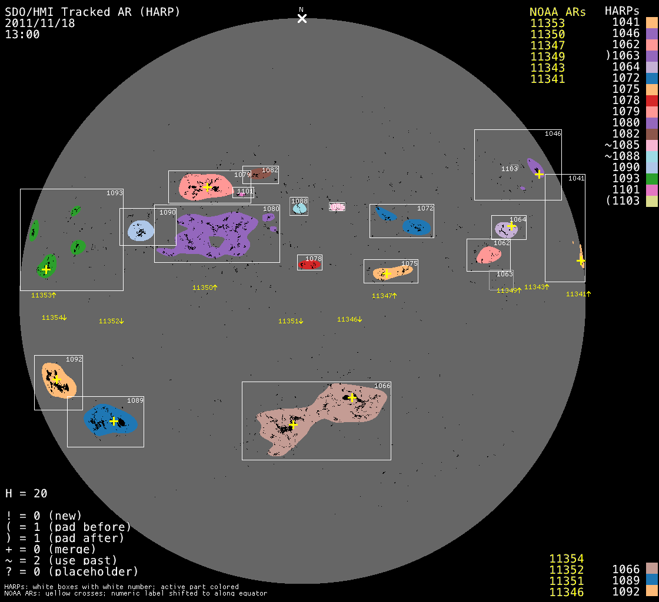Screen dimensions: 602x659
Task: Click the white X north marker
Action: tap(302, 18)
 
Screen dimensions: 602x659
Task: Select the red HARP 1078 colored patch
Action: tap(309, 265)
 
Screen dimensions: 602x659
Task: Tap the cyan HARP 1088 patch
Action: tap(299, 208)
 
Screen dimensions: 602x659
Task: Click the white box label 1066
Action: tap(382, 386)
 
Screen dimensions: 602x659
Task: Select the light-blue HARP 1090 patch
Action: tap(141, 230)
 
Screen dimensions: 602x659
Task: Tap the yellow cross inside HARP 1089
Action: tap(114, 421)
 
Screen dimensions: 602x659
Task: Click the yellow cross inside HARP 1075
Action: tap(387, 274)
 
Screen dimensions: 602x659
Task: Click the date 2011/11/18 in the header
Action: tap(40, 24)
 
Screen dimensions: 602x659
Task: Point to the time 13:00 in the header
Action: tap(22, 35)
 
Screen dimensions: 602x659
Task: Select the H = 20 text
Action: tap(26, 493)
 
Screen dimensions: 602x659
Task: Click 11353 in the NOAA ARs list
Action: tap(548, 24)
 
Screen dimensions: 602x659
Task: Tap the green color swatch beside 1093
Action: tap(651, 179)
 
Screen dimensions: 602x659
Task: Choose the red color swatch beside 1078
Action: tap(651, 101)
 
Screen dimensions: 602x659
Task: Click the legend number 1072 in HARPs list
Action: tap(626, 78)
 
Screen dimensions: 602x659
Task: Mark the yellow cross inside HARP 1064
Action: tap(511, 226)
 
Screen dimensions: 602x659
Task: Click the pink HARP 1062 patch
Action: tap(488, 255)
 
